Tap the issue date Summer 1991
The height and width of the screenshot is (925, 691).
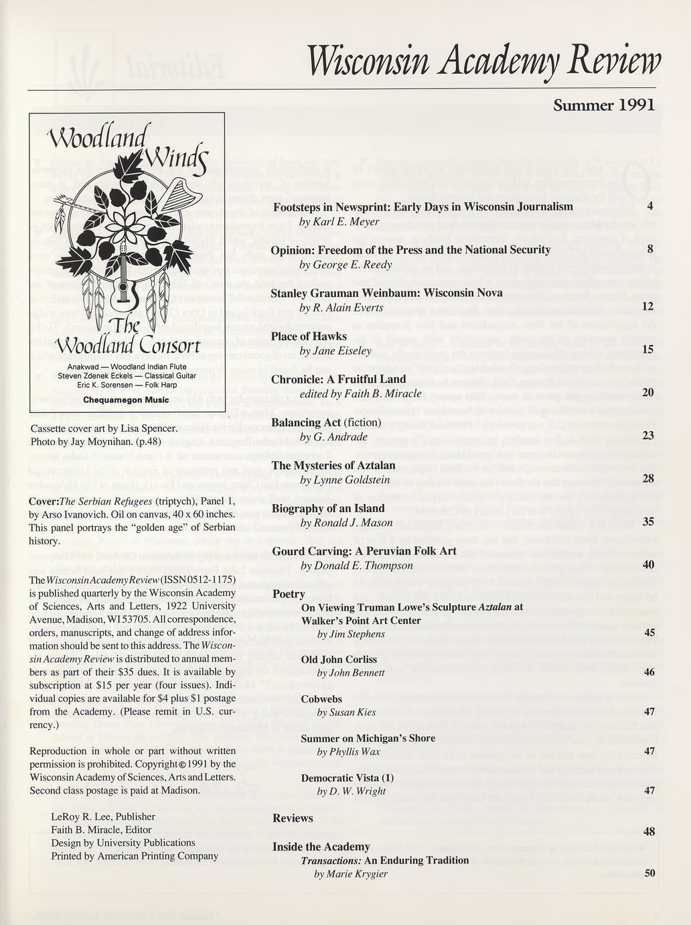point(603,105)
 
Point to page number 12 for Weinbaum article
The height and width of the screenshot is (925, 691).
point(647,306)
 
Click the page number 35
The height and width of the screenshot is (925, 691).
point(647,521)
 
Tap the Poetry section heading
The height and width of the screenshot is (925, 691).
point(289,595)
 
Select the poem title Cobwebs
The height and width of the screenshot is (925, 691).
point(321,698)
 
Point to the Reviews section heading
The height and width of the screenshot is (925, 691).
point(293,818)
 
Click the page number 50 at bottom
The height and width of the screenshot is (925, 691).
point(649,873)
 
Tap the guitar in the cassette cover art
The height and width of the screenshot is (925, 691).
point(123,281)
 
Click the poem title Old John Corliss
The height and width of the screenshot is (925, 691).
point(339,660)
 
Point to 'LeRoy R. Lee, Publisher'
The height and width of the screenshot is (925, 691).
point(103,817)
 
